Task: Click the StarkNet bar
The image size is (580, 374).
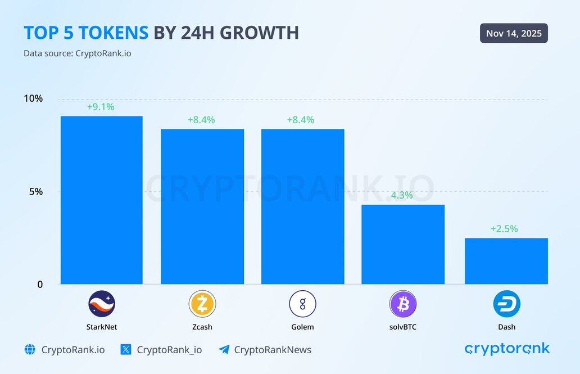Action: pyautogui.click(x=101, y=200)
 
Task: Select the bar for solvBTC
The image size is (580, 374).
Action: pyautogui.click(x=402, y=245)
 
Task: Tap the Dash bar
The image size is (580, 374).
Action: pyautogui.click(x=506, y=261)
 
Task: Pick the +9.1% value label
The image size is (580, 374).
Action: pyautogui.click(x=101, y=107)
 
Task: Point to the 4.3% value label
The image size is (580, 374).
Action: pyautogui.click(x=402, y=195)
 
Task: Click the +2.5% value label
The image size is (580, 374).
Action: pyautogui.click(x=504, y=229)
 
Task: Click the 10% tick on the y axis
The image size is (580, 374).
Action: pyautogui.click(x=33, y=98)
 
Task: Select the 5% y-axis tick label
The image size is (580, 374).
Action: pyautogui.click(x=35, y=191)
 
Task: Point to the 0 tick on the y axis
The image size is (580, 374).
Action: pyautogui.click(x=40, y=285)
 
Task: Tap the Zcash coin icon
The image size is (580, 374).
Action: pyautogui.click(x=202, y=304)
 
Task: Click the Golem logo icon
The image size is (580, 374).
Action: pyautogui.click(x=302, y=304)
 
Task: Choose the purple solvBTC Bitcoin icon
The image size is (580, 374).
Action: pyautogui.click(x=402, y=304)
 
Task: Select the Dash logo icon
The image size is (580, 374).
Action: pyautogui.click(x=506, y=304)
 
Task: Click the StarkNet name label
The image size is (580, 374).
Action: pyautogui.click(x=102, y=327)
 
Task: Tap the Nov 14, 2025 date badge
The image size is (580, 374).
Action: pyautogui.click(x=514, y=33)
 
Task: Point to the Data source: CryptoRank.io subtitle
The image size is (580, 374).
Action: pyautogui.click(x=78, y=53)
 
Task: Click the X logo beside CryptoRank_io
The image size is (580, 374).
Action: pyautogui.click(x=126, y=350)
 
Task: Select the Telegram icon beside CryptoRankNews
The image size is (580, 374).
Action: pyautogui.click(x=224, y=350)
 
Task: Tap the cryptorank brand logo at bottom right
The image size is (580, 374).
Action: pyautogui.click(x=507, y=349)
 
